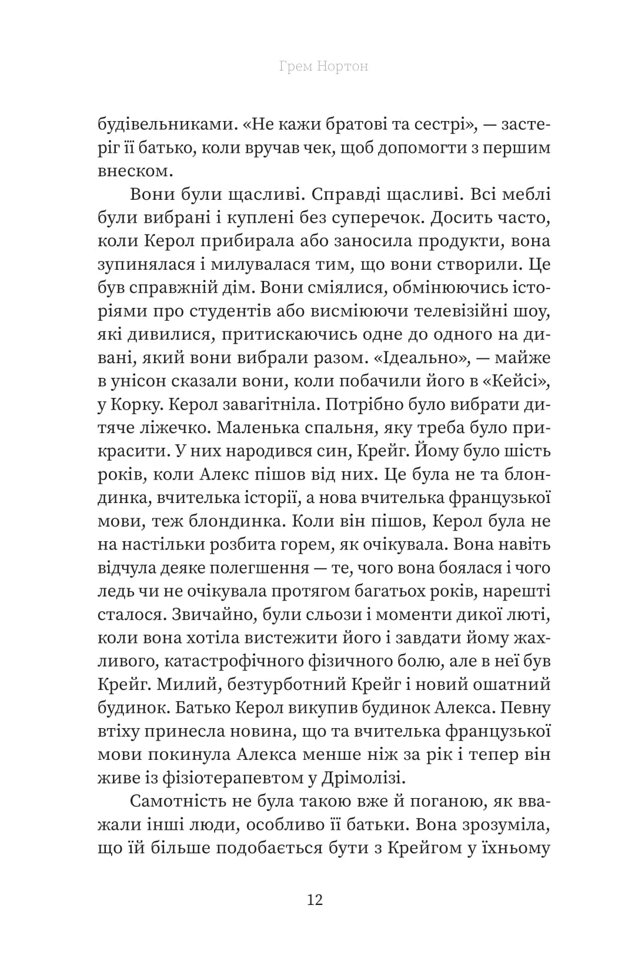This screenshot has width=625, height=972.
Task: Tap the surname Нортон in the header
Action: tap(343, 66)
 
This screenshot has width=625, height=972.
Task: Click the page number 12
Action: tap(315, 900)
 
